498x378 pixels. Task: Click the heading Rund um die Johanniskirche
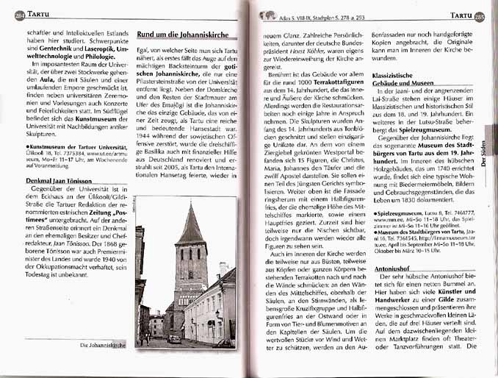coord(181,33)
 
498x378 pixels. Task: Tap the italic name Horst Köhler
coord(310,52)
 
